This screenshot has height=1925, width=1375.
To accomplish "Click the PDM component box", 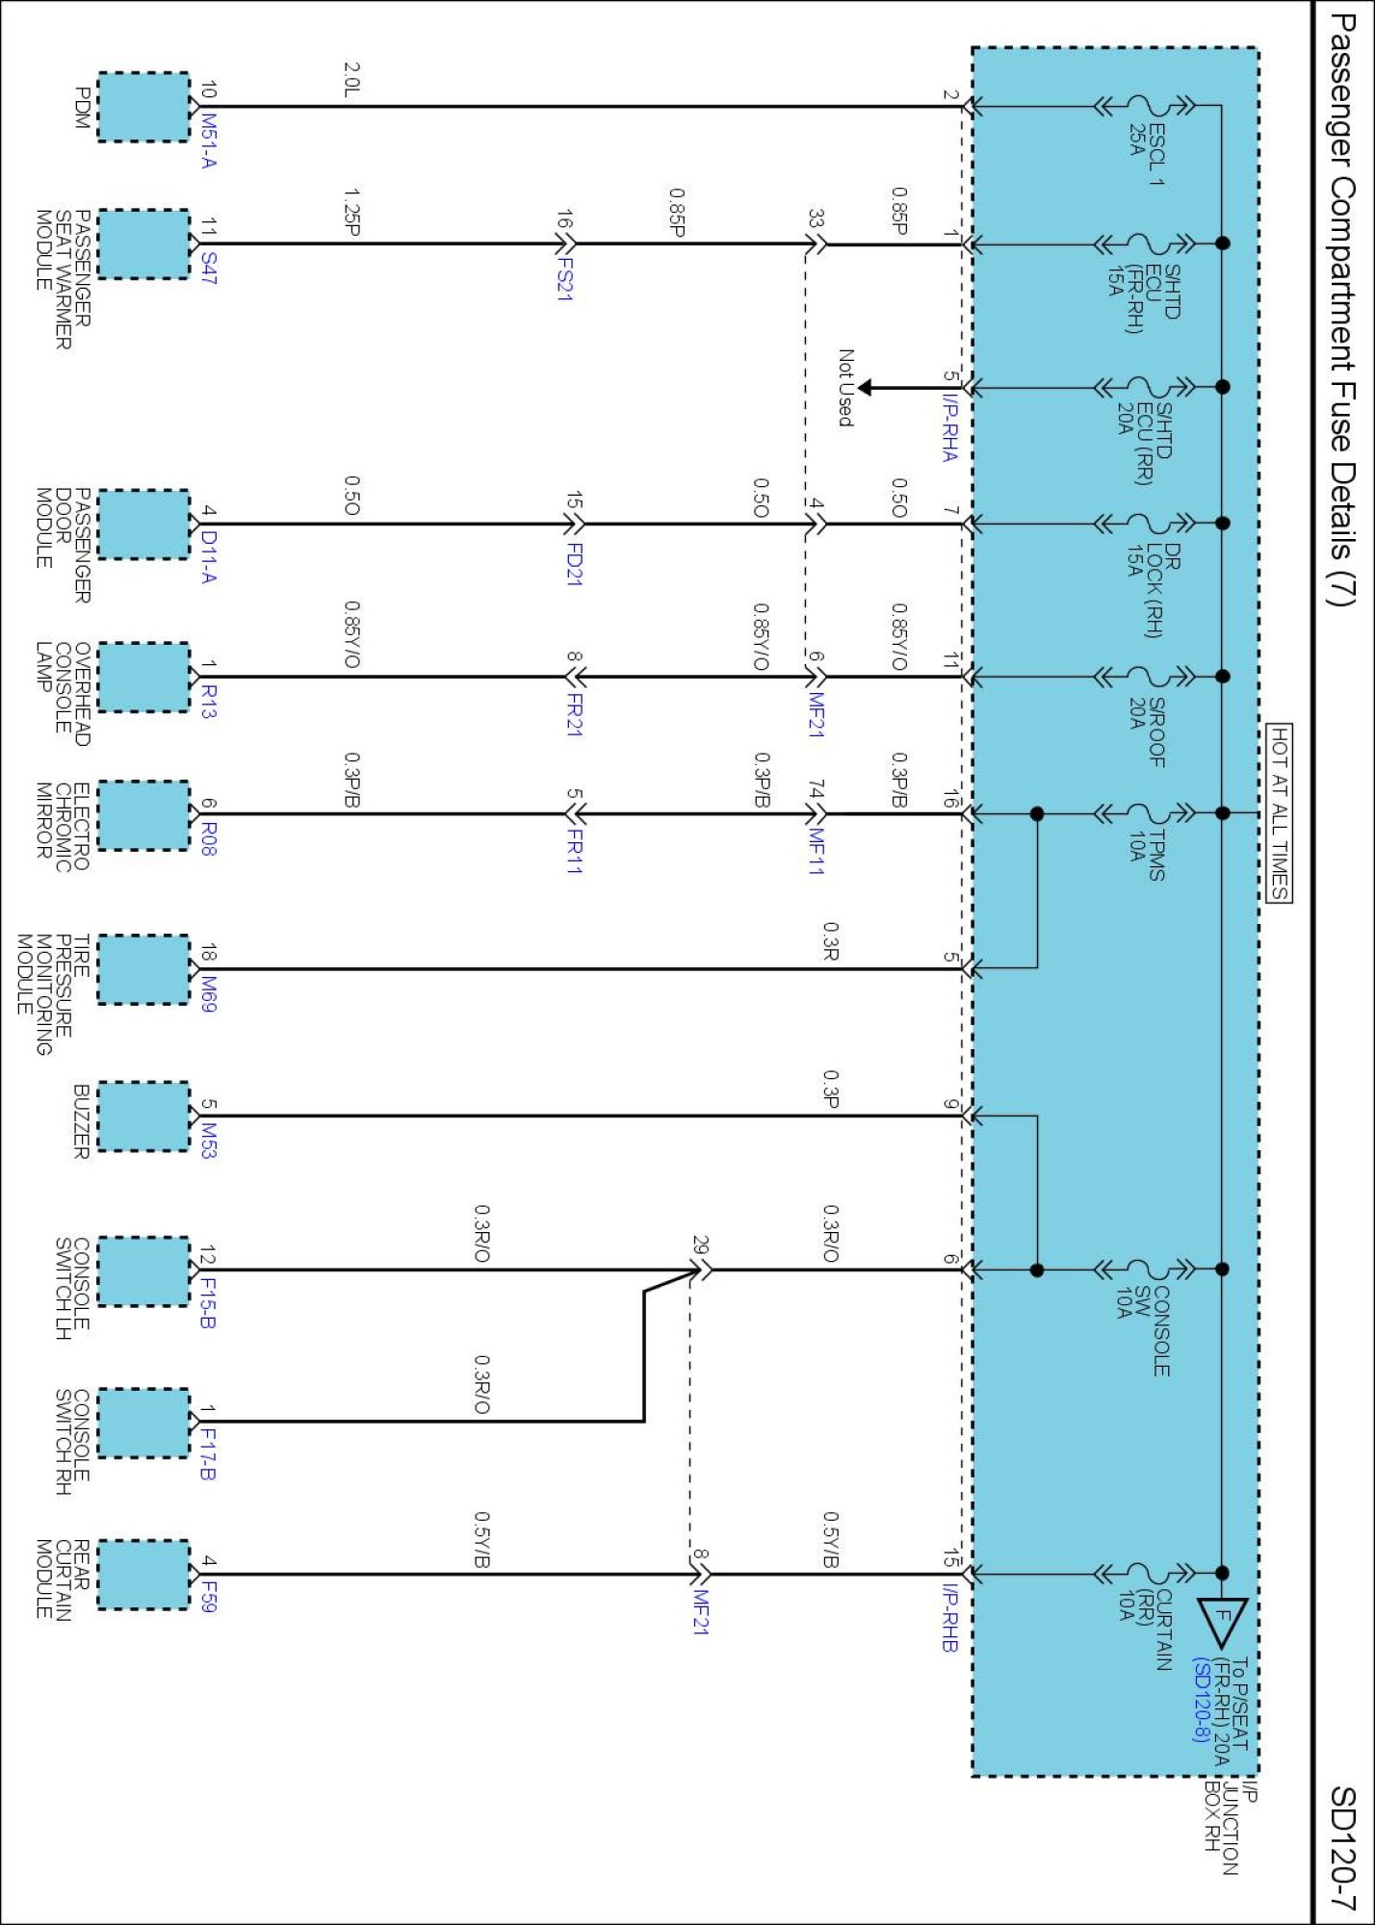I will click(143, 107).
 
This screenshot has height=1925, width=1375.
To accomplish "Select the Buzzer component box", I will click(143, 1116).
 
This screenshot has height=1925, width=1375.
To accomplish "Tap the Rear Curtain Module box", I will click(143, 1575).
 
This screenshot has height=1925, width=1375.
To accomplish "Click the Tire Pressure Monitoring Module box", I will click(143, 969).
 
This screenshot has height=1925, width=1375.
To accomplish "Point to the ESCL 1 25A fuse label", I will click(1146, 141).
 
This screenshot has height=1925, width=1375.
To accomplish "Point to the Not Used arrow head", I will click(864, 388).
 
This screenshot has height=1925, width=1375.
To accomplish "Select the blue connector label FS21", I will click(565, 279).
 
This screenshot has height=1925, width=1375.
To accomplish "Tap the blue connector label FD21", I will click(574, 564).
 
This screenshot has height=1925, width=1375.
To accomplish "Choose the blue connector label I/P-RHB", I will click(949, 1617).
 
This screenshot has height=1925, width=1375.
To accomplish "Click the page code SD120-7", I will click(1342, 1848).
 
